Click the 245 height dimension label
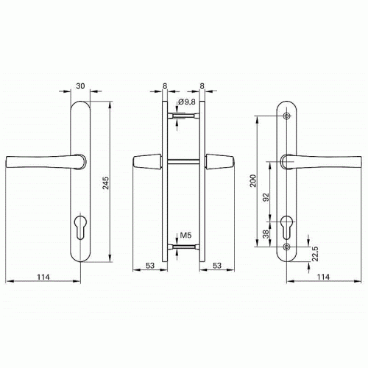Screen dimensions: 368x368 105,183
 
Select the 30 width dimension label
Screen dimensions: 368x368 80,86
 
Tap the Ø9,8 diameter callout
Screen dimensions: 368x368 187,102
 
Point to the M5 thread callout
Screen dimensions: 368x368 185,236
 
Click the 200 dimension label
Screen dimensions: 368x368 253,181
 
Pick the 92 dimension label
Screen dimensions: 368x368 266,197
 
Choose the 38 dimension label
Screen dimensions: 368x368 266,234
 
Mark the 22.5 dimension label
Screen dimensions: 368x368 315,253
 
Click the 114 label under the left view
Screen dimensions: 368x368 43,277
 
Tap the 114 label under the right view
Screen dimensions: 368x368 323,277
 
